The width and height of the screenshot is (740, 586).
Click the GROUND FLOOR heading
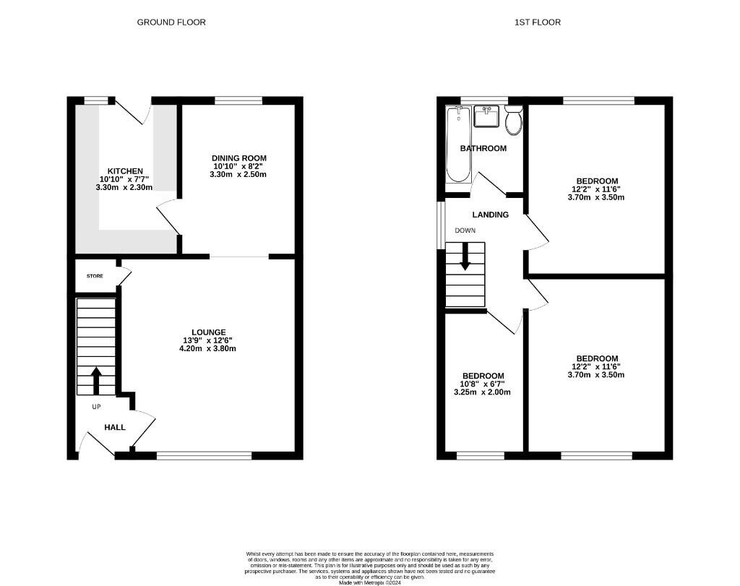(171, 22)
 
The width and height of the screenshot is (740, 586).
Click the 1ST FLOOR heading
(537, 22)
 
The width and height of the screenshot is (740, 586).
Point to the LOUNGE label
(209, 332)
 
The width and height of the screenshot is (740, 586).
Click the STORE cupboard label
(95, 276)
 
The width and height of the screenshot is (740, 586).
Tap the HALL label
(115, 428)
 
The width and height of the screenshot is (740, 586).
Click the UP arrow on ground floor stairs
(95, 379)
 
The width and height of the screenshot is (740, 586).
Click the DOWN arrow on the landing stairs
(465, 257)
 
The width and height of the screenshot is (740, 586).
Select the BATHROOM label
(483, 149)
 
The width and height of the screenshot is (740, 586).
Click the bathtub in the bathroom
(458, 145)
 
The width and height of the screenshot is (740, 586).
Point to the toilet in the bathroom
(514, 121)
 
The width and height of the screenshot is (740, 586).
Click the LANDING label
(491, 215)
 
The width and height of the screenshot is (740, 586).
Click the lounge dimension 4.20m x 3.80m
(209, 348)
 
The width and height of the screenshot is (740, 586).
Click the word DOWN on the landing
(465, 230)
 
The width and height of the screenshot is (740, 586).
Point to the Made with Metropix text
(369, 582)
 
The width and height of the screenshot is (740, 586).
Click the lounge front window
(204, 455)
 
